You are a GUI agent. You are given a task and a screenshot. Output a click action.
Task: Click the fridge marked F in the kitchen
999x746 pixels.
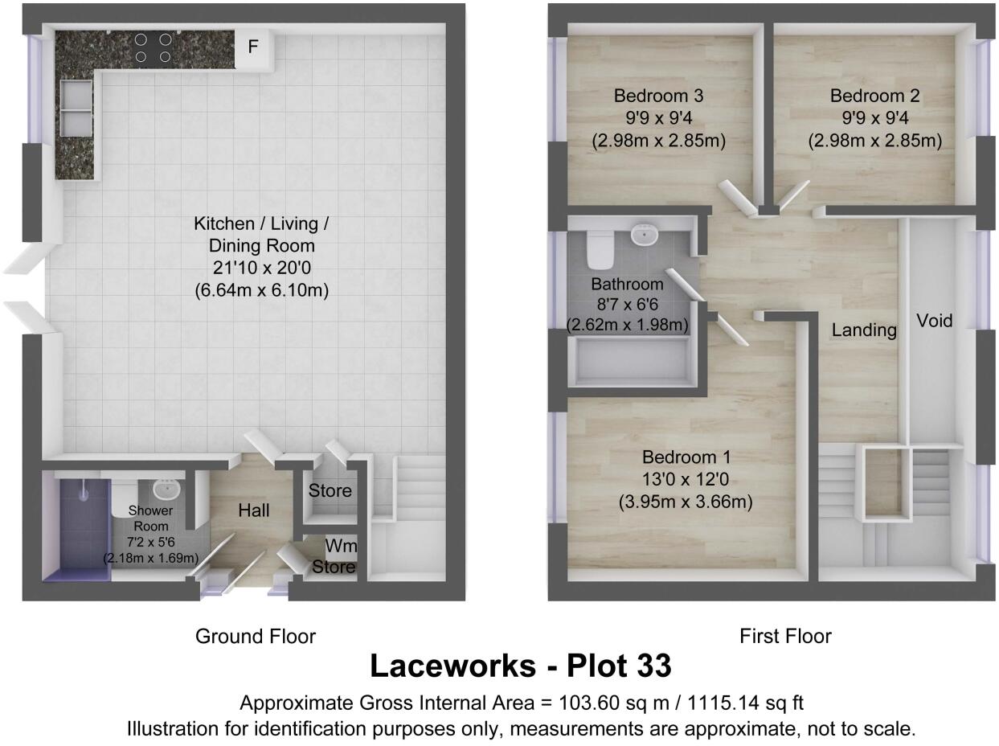point(253,47)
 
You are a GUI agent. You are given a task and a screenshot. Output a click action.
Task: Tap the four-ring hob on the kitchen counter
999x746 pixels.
point(153,47)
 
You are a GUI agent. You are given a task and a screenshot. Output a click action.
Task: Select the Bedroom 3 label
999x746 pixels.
point(658,96)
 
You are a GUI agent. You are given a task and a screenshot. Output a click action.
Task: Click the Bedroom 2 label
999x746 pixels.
point(874,96)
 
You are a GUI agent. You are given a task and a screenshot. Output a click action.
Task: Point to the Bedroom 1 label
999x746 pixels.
point(686,458)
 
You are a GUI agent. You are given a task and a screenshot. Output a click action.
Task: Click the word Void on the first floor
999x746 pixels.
point(935,322)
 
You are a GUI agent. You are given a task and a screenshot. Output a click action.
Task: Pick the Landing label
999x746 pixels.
point(864,330)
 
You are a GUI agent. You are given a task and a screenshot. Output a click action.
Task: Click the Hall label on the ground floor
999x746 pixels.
point(253,510)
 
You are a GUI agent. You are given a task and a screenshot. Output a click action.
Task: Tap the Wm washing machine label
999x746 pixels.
point(341,547)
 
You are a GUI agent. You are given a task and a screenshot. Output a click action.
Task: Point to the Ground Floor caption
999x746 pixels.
point(255,637)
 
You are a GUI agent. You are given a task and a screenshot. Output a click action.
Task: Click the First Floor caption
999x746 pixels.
point(784,637)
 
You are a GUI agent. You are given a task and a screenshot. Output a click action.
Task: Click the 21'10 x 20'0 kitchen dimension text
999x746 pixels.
point(261,268)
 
